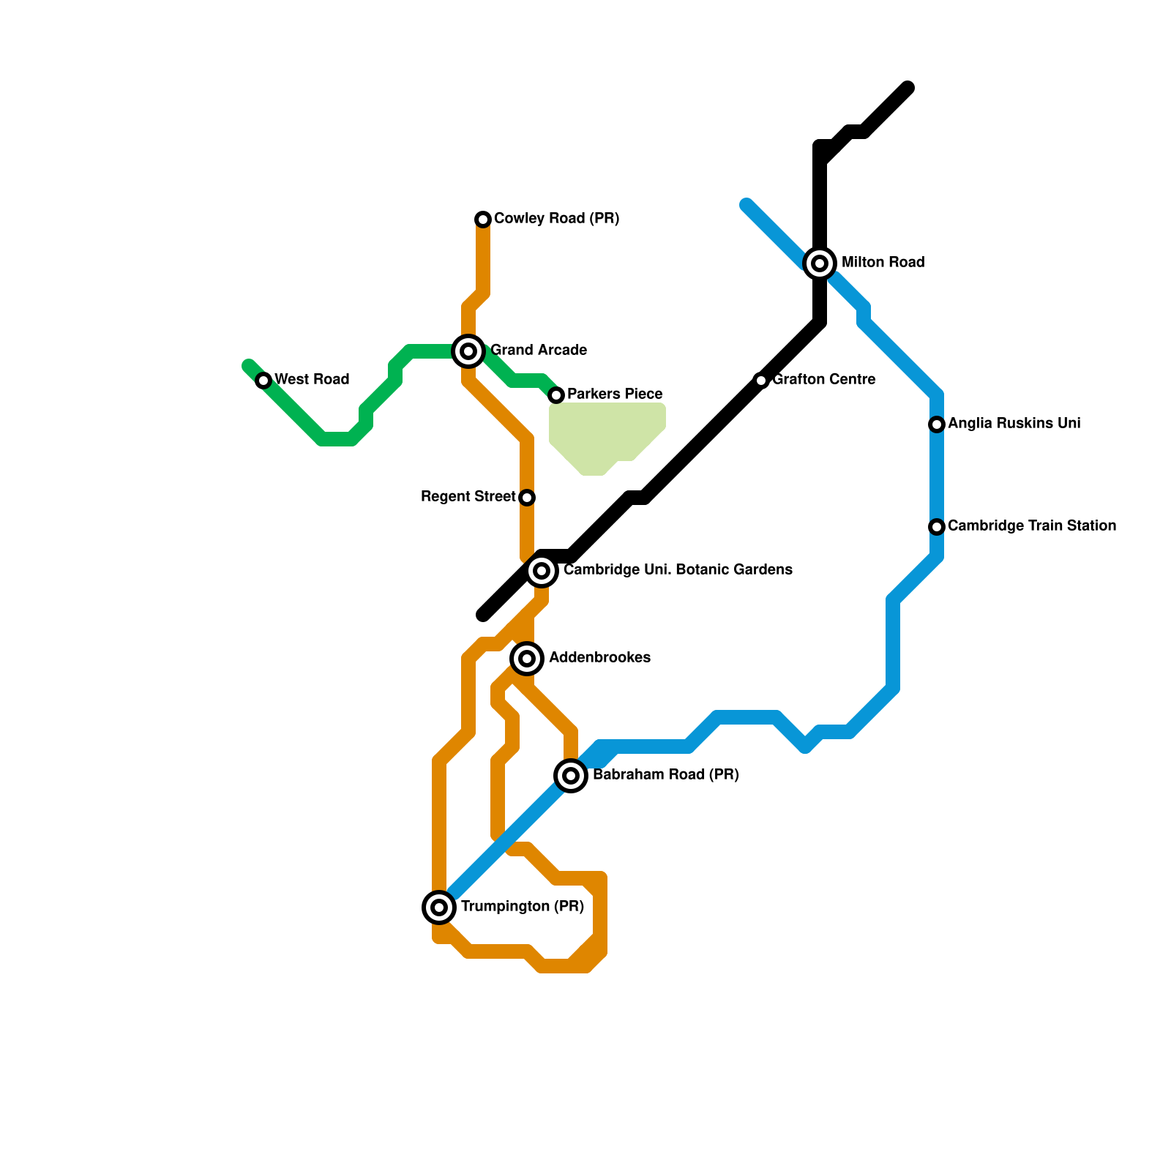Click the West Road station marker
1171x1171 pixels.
click(x=263, y=381)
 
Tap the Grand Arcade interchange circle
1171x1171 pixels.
click(x=468, y=351)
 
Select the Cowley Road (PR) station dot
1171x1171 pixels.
click(x=483, y=220)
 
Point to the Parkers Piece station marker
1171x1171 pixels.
click(x=556, y=395)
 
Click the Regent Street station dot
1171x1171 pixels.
click(x=527, y=498)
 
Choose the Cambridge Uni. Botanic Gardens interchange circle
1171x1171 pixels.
click(x=542, y=571)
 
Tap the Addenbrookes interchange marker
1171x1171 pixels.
click(x=527, y=659)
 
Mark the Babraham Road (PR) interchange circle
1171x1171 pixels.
click(x=571, y=776)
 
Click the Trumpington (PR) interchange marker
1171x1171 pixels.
click(x=439, y=908)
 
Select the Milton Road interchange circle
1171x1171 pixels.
click(x=820, y=263)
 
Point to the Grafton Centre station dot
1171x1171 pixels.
click(x=761, y=381)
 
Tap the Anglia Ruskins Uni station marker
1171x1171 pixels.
click(x=937, y=424)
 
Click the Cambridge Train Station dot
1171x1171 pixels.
click(x=937, y=527)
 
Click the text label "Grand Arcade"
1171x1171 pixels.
click(x=539, y=351)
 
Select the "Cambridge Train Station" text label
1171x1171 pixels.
click(x=1032, y=526)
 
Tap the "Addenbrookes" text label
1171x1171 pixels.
click(x=600, y=658)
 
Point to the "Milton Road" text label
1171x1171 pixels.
click(x=883, y=263)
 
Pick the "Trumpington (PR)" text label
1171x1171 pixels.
click(x=523, y=907)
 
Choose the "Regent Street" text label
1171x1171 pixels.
click(x=468, y=497)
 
